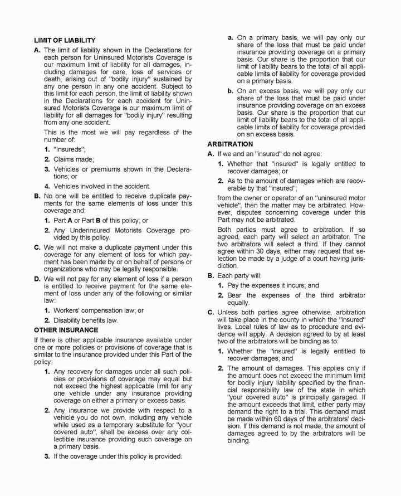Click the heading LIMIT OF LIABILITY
65,40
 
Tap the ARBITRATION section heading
229,144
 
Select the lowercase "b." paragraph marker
230,91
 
